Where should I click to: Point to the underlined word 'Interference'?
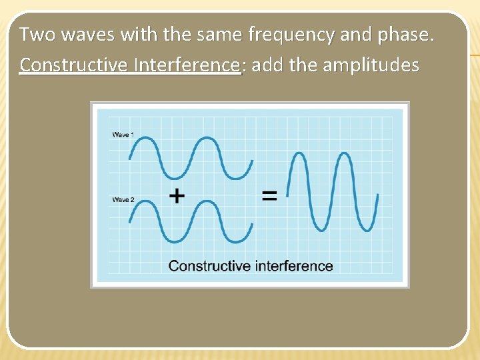tap(187, 65)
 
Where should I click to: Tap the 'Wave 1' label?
tap(123, 135)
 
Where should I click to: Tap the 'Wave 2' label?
tap(123, 199)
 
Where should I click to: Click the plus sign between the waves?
tap(177, 195)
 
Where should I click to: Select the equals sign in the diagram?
tap(269, 195)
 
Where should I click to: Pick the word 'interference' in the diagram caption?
tap(292, 266)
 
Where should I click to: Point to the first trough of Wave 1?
tap(176, 177)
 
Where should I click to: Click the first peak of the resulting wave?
tap(299, 154)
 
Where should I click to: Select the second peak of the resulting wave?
tap(343, 154)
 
